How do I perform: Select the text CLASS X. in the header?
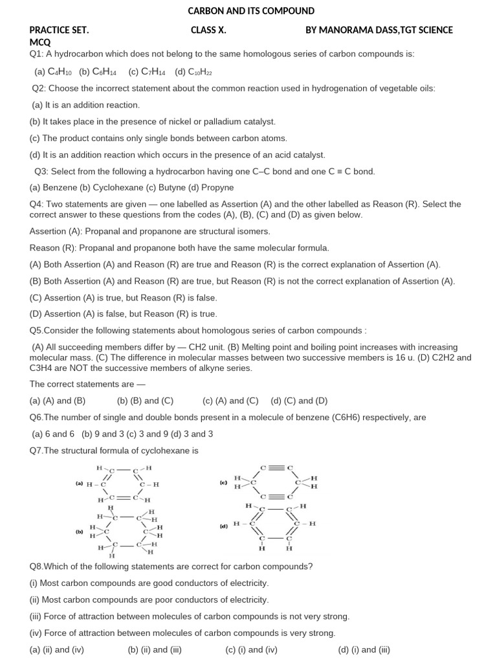click(x=208, y=30)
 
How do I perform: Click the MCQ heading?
click(x=40, y=42)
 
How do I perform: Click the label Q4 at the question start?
click(x=36, y=204)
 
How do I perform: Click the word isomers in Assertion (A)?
click(x=254, y=231)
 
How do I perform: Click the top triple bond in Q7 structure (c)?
click(x=276, y=467)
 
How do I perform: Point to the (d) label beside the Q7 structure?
click(x=223, y=526)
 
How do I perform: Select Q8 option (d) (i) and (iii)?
click(x=364, y=650)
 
